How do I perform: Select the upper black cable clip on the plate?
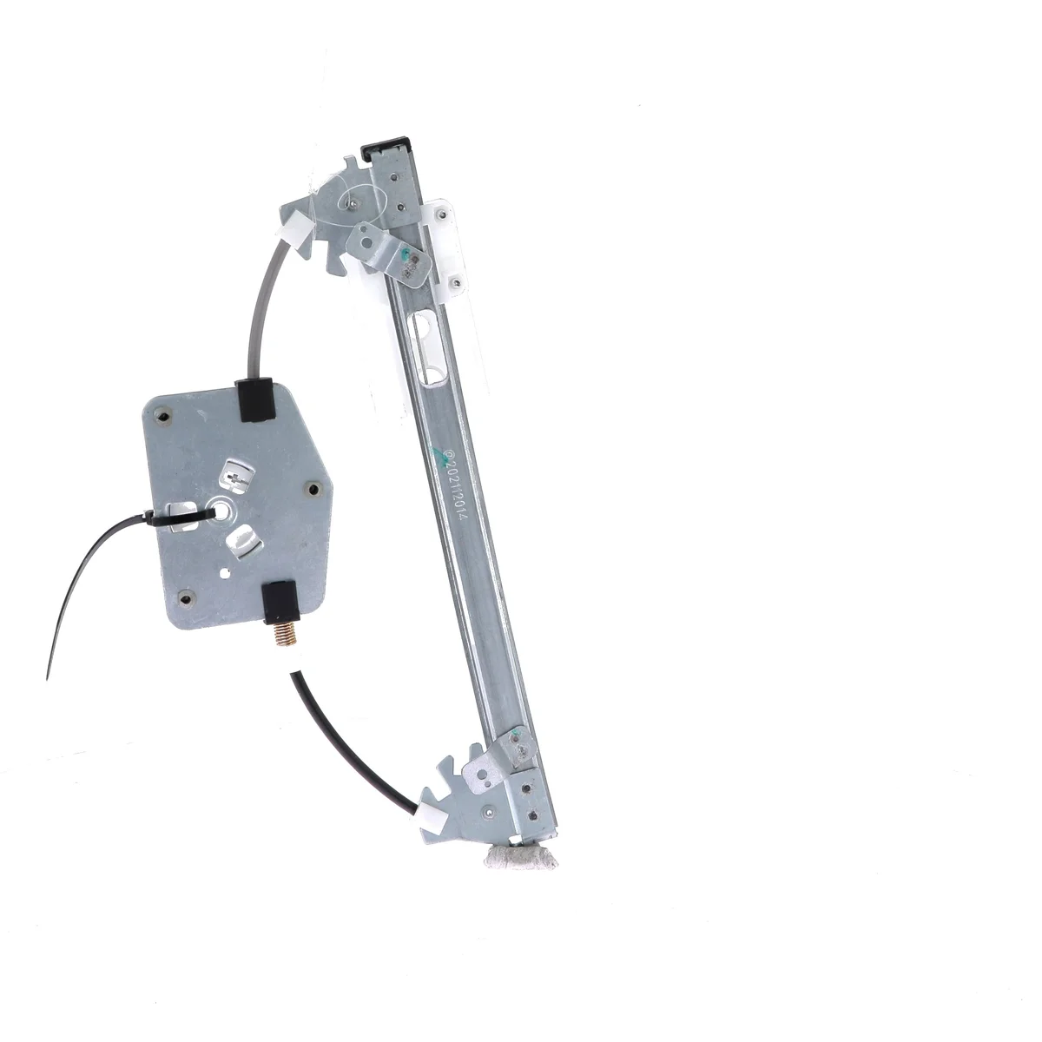point(254,399)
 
